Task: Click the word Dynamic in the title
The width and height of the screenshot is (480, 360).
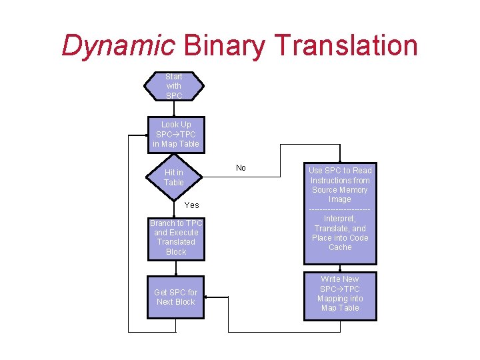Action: click(x=118, y=46)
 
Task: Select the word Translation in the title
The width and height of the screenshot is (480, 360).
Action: click(x=346, y=46)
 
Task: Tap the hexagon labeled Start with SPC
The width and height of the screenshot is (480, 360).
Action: click(x=174, y=86)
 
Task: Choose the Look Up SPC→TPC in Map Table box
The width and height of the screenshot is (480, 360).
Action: click(x=176, y=134)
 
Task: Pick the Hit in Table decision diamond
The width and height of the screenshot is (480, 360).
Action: click(x=174, y=177)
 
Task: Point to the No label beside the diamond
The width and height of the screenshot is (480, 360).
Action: click(x=241, y=168)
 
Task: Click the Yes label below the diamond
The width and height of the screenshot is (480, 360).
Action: click(x=191, y=205)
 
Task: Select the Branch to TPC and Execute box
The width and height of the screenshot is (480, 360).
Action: click(x=176, y=238)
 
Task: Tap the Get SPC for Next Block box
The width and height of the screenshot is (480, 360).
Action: click(x=176, y=297)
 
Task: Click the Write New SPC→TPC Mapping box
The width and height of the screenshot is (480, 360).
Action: click(x=340, y=293)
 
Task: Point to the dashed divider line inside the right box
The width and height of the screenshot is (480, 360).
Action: click(x=340, y=209)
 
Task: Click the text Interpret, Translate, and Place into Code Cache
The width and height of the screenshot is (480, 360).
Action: click(x=340, y=233)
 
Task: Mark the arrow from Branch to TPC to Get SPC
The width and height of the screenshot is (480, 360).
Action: click(x=176, y=269)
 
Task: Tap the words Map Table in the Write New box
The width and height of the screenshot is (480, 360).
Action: click(x=340, y=308)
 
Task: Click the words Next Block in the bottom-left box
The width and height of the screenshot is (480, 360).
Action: click(x=176, y=302)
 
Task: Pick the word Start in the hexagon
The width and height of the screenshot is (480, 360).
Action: click(x=174, y=77)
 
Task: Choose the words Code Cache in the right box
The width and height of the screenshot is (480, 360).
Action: click(x=340, y=243)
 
